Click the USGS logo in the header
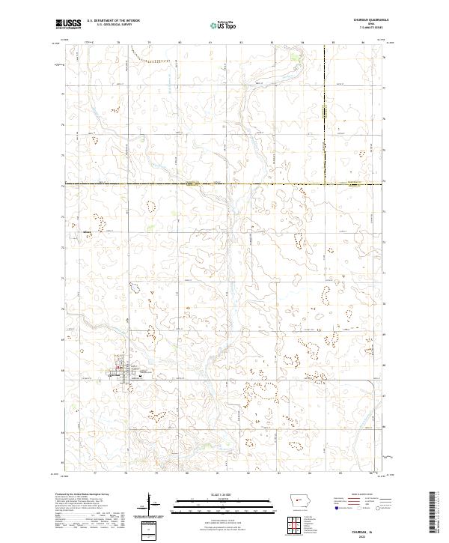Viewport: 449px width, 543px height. tap(68, 24)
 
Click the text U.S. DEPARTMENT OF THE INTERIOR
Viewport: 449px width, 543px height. tap(113, 21)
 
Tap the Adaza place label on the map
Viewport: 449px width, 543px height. tap(87, 232)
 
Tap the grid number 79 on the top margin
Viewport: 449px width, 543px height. tap(149, 43)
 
